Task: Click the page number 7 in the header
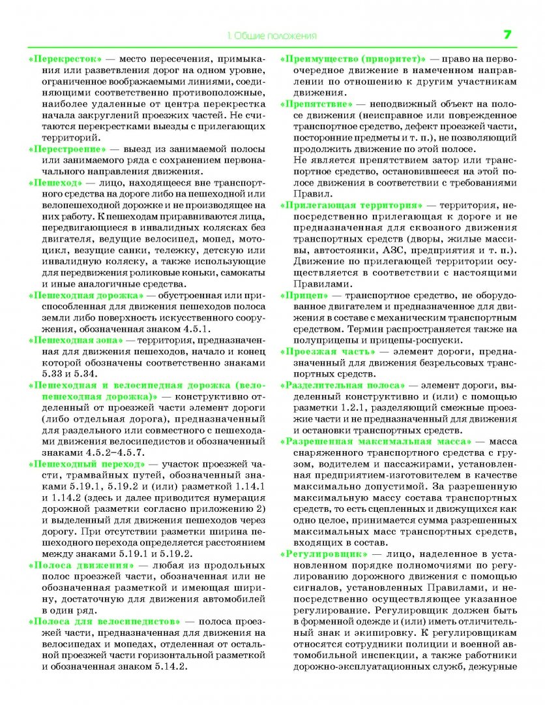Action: pos(507,35)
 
